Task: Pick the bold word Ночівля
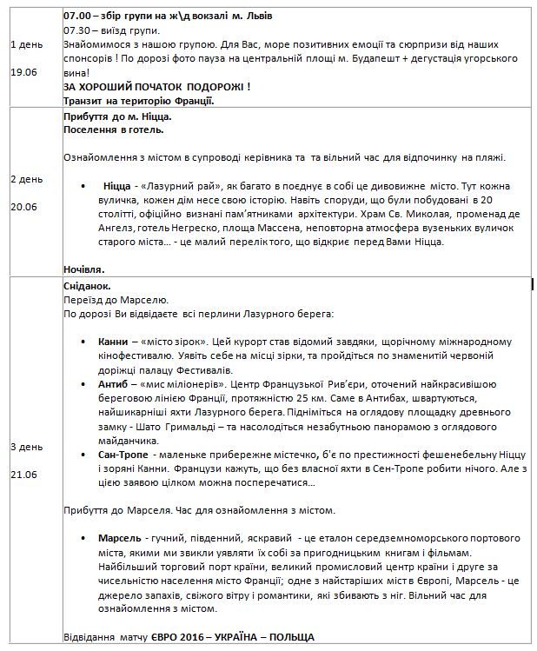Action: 84,269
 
